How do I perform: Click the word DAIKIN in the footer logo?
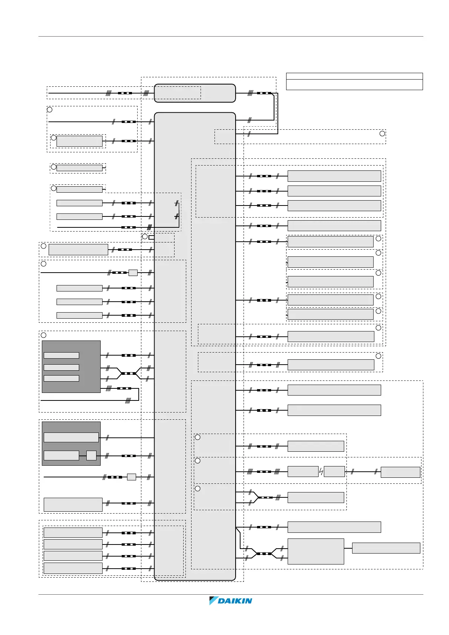(235, 601)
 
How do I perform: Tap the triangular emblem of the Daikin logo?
(214, 601)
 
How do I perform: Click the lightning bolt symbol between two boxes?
(321, 472)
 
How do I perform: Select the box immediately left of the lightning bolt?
(303, 472)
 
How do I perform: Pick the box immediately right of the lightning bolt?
(334, 472)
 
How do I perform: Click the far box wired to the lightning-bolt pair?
(400, 472)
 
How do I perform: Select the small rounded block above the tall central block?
(195, 93)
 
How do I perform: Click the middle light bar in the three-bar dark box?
(61, 367)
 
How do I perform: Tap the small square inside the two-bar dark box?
(91, 456)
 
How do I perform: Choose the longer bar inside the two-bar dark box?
(71, 437)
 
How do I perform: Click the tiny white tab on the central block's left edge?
(152, 238)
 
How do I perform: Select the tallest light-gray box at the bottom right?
(316, 551)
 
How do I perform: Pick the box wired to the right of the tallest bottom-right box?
(386, 548)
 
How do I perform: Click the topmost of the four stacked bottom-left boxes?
(73, 532)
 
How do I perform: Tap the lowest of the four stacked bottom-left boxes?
(73, 568)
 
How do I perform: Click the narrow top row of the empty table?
(354, 76)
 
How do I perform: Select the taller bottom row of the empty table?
(354, 84)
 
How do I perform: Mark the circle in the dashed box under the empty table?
(382, 133)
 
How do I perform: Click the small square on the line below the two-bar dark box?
(131, 477)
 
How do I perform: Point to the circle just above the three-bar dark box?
(44, 335)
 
